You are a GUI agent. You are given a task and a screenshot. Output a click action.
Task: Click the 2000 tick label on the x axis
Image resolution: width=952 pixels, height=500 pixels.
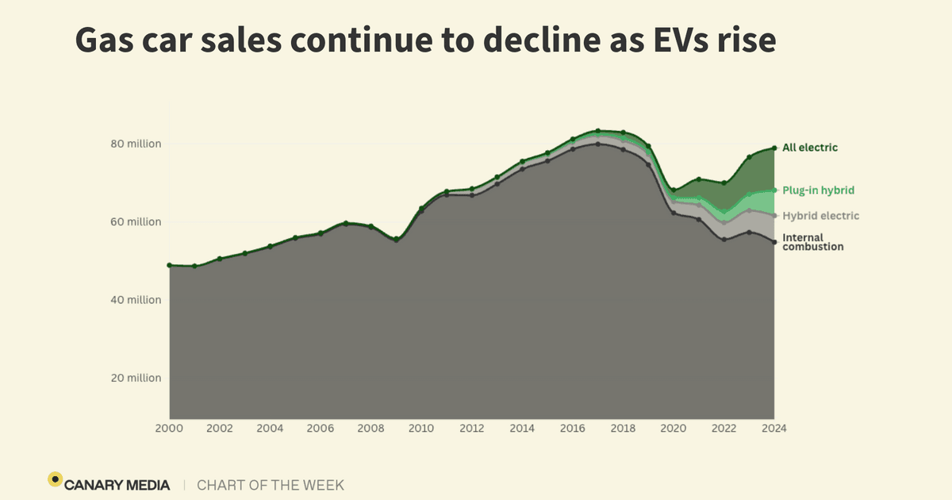[x=169, y=429]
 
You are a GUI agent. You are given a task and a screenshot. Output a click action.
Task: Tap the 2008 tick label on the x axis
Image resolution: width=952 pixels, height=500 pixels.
[x=370, y=429]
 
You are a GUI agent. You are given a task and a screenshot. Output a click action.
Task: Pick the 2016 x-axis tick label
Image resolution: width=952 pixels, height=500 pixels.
[x=572, y=429]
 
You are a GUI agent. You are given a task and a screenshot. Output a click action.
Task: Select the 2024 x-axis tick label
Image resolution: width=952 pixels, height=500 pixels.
[x=773, y=429]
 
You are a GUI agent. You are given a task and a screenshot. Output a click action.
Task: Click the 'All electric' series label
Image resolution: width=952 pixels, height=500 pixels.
[x=810, y=148]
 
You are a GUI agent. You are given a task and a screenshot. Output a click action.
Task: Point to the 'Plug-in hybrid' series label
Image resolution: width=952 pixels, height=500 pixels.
[x=818, y=190]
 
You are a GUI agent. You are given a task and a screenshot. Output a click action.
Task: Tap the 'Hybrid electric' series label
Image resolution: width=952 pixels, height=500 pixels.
[x=820, y=216]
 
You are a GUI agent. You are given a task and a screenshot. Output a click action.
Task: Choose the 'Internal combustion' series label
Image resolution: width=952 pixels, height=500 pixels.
[x=812, y=242]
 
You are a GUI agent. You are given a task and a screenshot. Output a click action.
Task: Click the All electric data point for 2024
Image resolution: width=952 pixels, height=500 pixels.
[x=774, y=148]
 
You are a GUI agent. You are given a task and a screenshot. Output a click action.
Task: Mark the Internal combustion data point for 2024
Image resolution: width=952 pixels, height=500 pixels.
[x=774, y=242]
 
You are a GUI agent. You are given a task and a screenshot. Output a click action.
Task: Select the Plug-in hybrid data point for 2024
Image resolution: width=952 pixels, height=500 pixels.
[x=774, y=190]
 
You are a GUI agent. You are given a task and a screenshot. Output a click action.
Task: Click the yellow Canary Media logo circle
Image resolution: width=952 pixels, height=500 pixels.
[x=55, y=479]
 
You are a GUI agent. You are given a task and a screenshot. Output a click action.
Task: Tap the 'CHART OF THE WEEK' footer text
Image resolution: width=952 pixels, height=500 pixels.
[x=271, y=485]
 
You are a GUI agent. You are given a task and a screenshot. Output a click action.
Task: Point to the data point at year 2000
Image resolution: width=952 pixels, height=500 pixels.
[x=170, y=265]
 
